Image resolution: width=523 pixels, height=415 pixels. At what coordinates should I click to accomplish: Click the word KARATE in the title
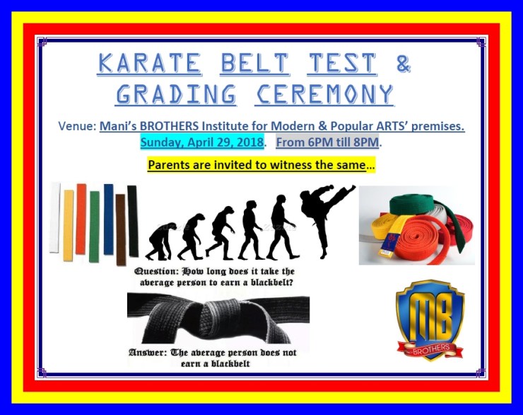click(150, 64)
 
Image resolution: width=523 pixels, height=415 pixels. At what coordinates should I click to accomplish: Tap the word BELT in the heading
click(254, 64)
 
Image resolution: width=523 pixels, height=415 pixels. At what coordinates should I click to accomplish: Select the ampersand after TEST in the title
click(402, 64)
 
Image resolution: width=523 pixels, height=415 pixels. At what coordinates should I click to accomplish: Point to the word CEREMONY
click(324, 93)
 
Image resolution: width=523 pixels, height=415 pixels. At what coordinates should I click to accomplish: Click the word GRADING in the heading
click(176, 93)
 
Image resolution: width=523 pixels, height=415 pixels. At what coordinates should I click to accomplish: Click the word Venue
click(76, 126)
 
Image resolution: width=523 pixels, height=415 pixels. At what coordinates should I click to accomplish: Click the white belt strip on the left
click(54, 217)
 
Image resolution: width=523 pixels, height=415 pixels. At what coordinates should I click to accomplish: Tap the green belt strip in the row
click(94, 225)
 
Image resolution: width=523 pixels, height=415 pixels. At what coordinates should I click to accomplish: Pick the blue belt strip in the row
click(108, 219)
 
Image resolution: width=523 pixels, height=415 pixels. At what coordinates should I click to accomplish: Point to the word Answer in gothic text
click(148, 352)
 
